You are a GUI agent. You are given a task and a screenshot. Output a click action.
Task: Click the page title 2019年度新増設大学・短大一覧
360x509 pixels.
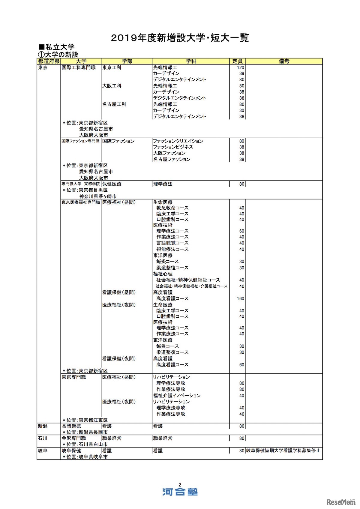coord(180,38)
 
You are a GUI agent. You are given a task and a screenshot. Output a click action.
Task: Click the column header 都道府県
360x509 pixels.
coord(49,61)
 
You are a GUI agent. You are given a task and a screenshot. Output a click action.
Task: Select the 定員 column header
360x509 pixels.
coord(237,61)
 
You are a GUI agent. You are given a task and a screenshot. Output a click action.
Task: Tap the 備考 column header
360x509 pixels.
coord(284,61)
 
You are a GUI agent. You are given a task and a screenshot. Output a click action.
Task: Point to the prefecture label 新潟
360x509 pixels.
coord(43,426)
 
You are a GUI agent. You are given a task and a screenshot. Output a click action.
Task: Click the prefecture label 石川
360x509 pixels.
coord(43,438)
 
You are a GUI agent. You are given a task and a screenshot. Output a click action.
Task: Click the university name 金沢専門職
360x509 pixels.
coord(74,438)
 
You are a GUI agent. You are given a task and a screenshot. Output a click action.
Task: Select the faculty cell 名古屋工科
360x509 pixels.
coord(114,104)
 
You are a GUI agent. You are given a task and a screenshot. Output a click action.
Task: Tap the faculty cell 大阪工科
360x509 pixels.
coord(112,86)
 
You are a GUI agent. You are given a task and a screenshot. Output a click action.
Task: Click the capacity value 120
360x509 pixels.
coord(241,67)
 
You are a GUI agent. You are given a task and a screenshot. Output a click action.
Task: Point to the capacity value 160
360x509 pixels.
coord(241,298)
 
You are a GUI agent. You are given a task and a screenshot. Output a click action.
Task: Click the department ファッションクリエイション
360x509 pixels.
coord(178,141)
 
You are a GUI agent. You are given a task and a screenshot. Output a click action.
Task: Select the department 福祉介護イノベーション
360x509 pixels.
coord(177,396)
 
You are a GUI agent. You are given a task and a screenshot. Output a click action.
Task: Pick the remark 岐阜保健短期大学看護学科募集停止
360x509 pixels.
coord(283,451)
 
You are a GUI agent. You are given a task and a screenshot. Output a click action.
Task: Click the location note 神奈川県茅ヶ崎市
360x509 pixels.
coord(98,196)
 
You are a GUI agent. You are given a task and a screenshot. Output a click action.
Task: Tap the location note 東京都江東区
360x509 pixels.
coord(93,420)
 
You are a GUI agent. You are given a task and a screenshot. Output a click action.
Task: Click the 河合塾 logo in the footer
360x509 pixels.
coord(180,492)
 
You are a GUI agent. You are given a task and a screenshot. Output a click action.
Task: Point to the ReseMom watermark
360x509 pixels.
coord(341,502)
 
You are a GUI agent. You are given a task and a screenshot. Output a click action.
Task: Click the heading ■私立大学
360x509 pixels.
coord(57,47)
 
